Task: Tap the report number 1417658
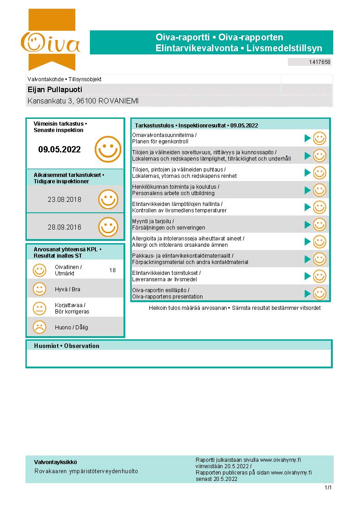(320, 62)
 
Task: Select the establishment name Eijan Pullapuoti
(55, 90)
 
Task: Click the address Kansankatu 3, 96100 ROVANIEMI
(83, 101)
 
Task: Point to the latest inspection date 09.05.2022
(59, 149)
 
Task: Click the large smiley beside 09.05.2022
(108, 149)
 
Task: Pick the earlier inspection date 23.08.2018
(64, 199)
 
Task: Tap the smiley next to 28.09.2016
(108, 227)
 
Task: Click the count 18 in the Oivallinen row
(113, 270)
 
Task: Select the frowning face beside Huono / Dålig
(39, 327)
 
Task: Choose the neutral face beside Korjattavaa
(39, 308)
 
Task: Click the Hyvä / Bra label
(67, 289)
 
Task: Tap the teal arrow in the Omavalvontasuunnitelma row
(307, 138)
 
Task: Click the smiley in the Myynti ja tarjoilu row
(320, 225)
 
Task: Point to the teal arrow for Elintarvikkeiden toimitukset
(307, 276)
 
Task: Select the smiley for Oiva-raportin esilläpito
(320, 293)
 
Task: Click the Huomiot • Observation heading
(66, 346)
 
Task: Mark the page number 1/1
(328, 488)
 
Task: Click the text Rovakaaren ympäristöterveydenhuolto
(86, 471)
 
